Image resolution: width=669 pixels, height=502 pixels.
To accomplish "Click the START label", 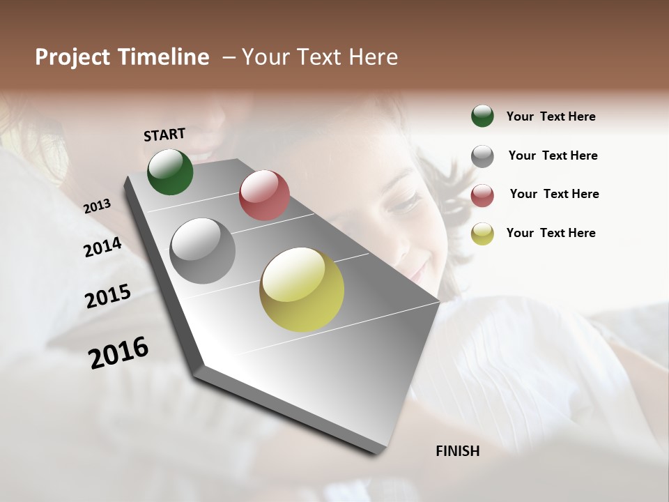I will pyautogui.click(x=164, y=134).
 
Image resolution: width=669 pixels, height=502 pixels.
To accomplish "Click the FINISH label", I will pyautogui.click(x=457, y=451).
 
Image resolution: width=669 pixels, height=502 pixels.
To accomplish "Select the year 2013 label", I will pyautogui.click(x=97, y=206).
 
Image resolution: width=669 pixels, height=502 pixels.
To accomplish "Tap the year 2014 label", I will pyautogui.click(x=102, y=247).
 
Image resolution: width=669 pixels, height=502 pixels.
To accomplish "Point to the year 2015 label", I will pyautogui.click(x=108, y=296).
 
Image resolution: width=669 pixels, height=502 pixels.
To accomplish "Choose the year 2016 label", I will pyautogui.click(x=118, y=352).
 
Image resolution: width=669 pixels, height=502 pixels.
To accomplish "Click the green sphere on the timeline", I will pyautogui.click(x=170, y=172).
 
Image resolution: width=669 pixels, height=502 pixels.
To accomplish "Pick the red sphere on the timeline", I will pyautogui.click(x=264, y=195).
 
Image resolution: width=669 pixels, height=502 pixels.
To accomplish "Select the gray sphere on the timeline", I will pyautogui.click(x=203, y=251).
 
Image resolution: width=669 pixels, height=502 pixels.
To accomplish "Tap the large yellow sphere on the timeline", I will pyautogui.click(x=302, y=289).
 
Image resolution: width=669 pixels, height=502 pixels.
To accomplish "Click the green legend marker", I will pyautogui.click(x=482, y=116).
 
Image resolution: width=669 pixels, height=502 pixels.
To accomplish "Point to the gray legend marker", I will pyautogui.click(x=482, y=156).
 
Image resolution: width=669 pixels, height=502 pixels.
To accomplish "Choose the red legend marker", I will pyautogui.click(x=482, y=195).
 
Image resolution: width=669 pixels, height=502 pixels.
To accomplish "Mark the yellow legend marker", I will pyautogui.click(x=482, y=234).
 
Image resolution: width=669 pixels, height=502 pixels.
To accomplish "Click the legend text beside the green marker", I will pyautogui.click(x=551, y=116).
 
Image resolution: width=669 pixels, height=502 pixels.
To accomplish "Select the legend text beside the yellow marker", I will pyautogui.click(x=551, y=233).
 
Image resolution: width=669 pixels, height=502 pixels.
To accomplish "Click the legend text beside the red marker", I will pyautogui.click(x=554, y=194).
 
